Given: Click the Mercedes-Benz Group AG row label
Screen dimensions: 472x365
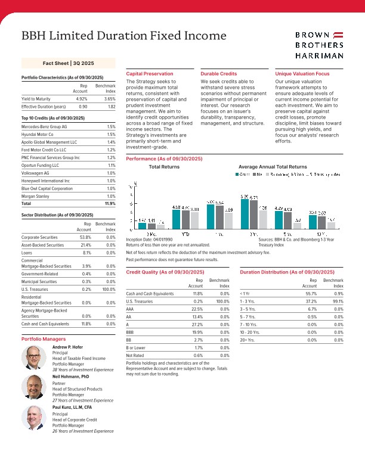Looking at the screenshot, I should click(x=44, y=127).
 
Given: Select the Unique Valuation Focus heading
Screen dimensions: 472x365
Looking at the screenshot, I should click(x=302, y=73).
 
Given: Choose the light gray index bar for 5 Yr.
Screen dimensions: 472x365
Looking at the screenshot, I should click(x=297, y=225).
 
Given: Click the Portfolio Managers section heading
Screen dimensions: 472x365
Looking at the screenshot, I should click(x=44, y=339).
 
